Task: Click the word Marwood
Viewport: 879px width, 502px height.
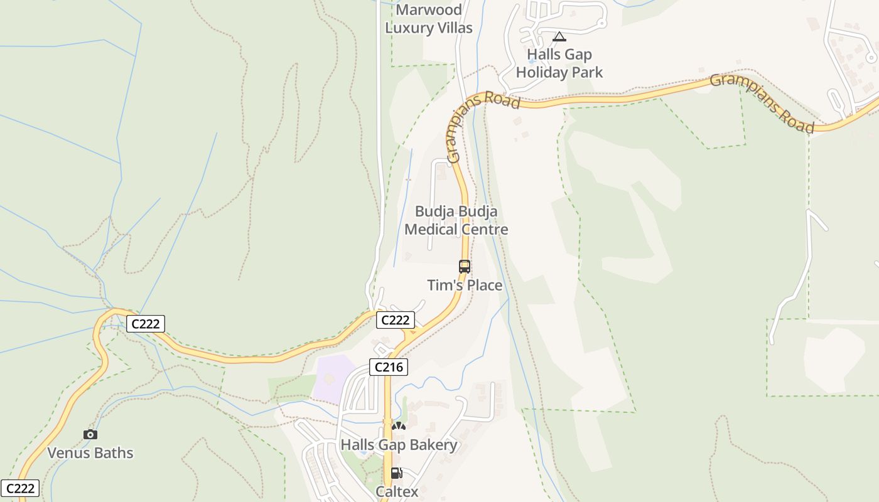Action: pyautogui.click(x=429, y=10)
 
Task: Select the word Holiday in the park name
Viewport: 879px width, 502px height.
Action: pyautogui.click(x=544, y=73)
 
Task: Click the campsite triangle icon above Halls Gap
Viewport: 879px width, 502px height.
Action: pyautogui.click(x=559, y=36)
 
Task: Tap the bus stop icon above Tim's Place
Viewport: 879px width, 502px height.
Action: pyautogui.click(x=465, y=267)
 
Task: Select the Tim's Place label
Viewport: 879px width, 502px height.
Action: pyautogui.click(x=465, y=286)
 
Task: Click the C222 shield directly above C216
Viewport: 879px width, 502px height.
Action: pyautogui.click(x=396, y=320)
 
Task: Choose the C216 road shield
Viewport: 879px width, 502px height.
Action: pyautogui.click(x=389, y=367)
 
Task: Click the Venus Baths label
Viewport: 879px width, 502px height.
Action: pyautogui.click(x=90, y=453)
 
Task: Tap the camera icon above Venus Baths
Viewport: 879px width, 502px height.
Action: pyautogui.click(x=90, y=434)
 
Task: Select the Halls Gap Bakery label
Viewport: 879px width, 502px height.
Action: pyautogui.click(x=399, y=446)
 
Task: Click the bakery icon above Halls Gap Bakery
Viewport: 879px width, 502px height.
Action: pyautogui.click(x=399, y=427)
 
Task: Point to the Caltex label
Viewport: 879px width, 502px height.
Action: pyautogui.click(x=397, y=492)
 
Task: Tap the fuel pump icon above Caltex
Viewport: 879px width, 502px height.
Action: pyautogui.click(x=396, y=473)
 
